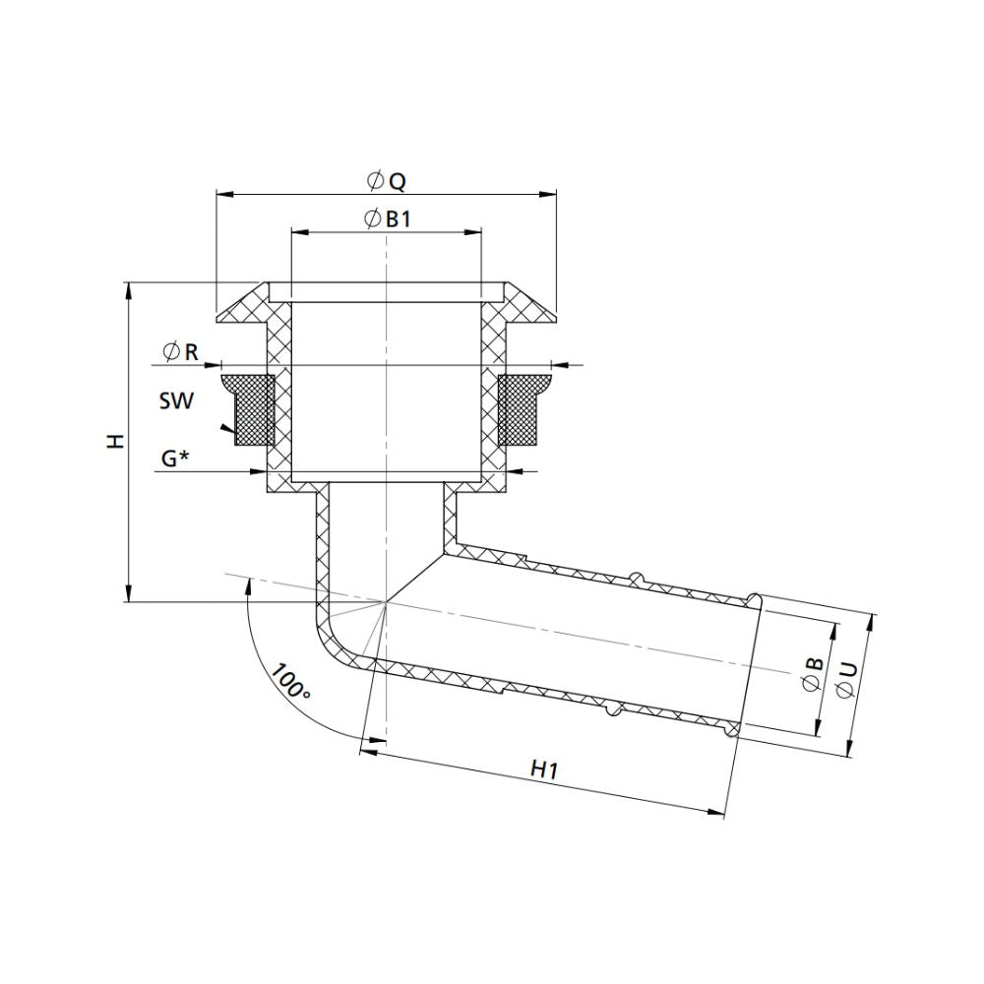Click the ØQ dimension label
tap(386, 181)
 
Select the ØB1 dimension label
tap(386, 219)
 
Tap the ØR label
tap(179, 351)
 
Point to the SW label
tap(176, 401)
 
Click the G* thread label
tap(175, 459)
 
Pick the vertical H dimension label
tap(117, 442)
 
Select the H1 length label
tap(544, 769)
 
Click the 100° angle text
tap(291, 682)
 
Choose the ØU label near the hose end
tap(846, 680)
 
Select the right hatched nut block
tap(523, 408)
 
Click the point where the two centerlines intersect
tap(387, 602)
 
